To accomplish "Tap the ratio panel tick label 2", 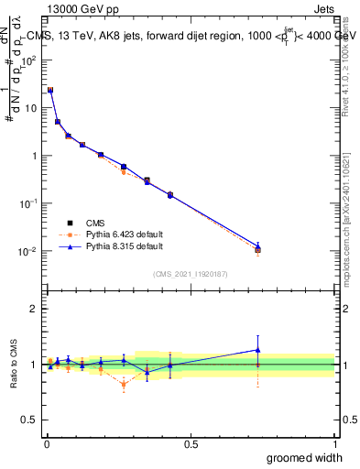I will [x=36, y=309].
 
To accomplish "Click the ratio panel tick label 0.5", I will [x=31, y=420].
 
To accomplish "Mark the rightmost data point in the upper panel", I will [x=257, y=248].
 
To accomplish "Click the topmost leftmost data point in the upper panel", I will [x=50, y=90].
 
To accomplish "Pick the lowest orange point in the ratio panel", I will [x=124, y=385].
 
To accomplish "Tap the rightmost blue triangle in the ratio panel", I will [x=257, y=349].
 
